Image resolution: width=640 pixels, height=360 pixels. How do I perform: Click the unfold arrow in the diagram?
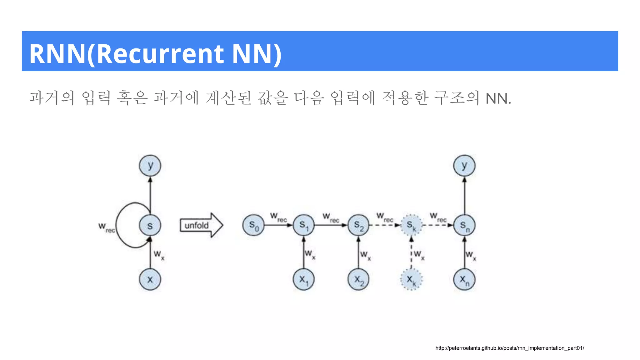point(201,225)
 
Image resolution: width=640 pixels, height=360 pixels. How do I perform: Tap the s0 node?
point(253,225)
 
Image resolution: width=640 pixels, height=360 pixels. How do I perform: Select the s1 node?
point(303,225)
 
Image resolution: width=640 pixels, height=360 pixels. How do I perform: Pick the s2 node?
point(358,225)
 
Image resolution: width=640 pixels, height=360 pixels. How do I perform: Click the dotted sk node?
point(411,225)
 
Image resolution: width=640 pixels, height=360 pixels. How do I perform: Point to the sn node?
point(464,225)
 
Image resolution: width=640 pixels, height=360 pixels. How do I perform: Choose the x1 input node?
point(303,279)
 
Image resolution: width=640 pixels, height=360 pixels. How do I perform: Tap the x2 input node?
point(358,279)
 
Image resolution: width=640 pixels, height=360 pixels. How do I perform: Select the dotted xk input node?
point(411,279)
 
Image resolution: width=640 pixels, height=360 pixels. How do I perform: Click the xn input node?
point(464,279)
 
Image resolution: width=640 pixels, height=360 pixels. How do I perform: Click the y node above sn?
point(464,166)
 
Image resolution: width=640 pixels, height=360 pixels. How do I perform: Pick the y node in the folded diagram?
point(150,166)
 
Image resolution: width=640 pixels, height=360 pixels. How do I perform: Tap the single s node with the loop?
point(150,225)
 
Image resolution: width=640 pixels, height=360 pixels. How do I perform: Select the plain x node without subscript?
point(150,279)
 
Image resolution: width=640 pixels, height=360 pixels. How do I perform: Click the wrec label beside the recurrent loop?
point(107,227)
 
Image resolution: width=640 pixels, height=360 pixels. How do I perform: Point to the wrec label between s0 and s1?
point(278,217)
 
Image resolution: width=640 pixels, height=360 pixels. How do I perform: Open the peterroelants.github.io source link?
point(510,348)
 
